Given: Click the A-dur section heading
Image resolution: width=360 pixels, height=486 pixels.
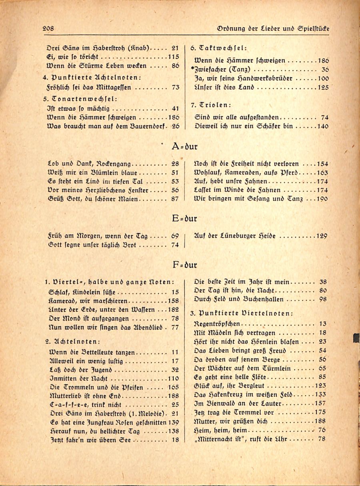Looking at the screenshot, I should point(184,146).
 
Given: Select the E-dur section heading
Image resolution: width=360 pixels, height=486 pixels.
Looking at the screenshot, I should point(184,219).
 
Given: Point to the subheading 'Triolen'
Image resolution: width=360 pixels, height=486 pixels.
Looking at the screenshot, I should point(212,105).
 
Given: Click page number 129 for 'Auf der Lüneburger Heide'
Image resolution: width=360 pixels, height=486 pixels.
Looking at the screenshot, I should point(322,236).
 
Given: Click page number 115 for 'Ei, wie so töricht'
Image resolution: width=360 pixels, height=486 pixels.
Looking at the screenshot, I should point(173,56).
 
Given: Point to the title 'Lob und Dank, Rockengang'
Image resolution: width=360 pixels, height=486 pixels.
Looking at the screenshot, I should point(89,163).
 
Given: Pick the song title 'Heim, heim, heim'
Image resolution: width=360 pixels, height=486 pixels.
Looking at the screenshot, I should point(221,430).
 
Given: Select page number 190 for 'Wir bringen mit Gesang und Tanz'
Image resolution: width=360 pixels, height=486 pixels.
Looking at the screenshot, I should point(322,198).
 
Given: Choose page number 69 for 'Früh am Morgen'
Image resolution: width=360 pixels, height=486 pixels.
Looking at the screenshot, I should point(175,236).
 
